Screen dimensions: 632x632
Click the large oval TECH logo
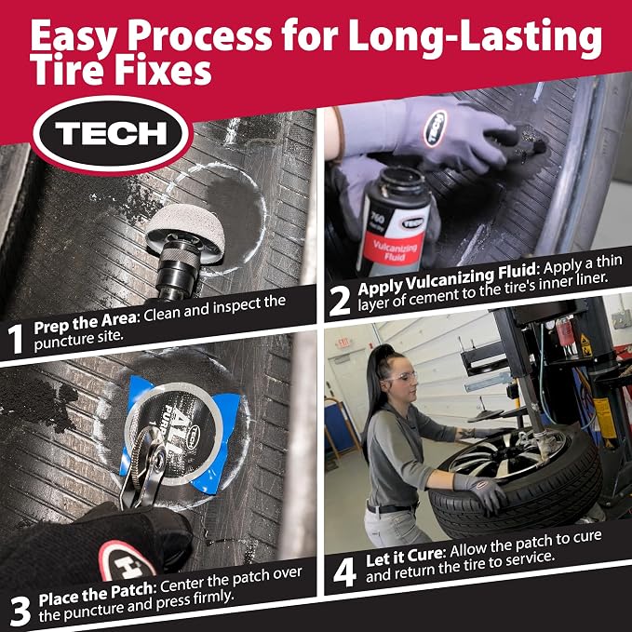[111, 134]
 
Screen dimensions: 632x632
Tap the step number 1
[15, 339]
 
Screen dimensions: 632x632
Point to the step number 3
[20, 612]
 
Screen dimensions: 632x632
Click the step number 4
[344, 571]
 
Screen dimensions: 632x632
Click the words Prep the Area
[85, 323]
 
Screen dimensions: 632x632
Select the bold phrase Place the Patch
[95, 594]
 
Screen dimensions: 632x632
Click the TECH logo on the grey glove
[436, 128]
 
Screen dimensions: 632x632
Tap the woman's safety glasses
[398, 377]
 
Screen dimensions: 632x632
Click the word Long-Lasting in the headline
[475, 37]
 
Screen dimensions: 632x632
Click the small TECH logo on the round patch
[195, 437]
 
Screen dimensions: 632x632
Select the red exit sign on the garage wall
[343, 343]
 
